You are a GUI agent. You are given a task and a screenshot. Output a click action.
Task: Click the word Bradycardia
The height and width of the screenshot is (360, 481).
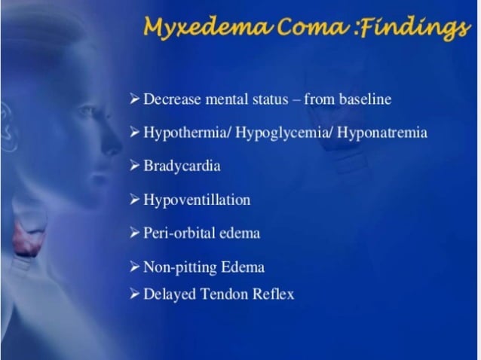coord(182,166)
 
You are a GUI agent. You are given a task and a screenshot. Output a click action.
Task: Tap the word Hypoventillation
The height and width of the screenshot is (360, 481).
coord(197,200)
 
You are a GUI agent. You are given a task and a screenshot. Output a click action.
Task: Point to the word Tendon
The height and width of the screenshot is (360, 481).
coord(224,294)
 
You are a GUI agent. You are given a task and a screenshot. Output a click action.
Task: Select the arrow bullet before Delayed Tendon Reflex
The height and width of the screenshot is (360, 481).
coord(135,294)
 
